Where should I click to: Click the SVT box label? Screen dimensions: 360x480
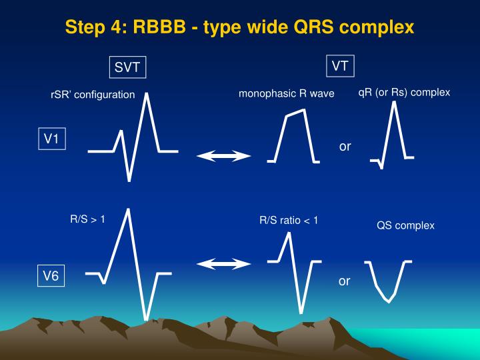point(128,67)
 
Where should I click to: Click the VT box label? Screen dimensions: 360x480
point(340,66)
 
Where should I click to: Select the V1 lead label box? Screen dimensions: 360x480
point(52,139)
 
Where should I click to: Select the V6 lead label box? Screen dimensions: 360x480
point(52,276)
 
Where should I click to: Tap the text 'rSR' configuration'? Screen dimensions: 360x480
point(93,95)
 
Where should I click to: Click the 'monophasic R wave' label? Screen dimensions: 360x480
point(287,93)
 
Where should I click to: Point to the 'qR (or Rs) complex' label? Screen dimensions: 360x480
point(404,92)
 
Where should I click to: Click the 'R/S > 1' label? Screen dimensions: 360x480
point(87,218)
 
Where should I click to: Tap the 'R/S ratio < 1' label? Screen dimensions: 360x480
point(289,220)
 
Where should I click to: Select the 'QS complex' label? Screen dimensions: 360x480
point(405,225)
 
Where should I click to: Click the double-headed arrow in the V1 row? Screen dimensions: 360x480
point(223,156)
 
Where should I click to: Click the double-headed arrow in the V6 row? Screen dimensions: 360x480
point(223,264)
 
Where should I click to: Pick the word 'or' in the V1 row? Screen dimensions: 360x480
point(345,146)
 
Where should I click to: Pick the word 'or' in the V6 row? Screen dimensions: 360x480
point(344,281)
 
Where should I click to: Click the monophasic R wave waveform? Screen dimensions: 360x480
point(293,133)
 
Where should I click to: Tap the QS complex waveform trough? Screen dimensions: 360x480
point(388,300)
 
